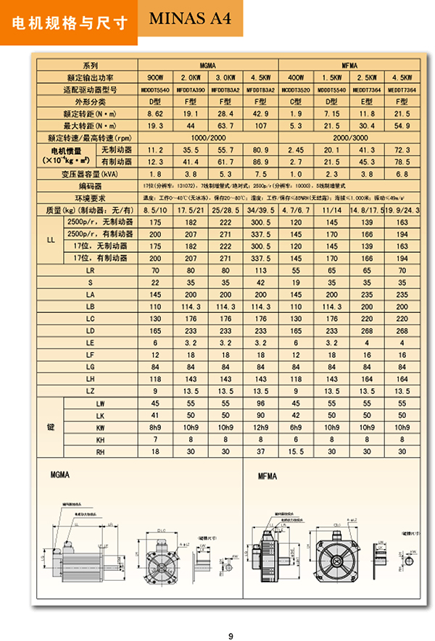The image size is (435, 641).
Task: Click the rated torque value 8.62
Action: (155, 114)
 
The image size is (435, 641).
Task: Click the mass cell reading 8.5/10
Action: (155, 210)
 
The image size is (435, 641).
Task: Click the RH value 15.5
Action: (296, 451)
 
